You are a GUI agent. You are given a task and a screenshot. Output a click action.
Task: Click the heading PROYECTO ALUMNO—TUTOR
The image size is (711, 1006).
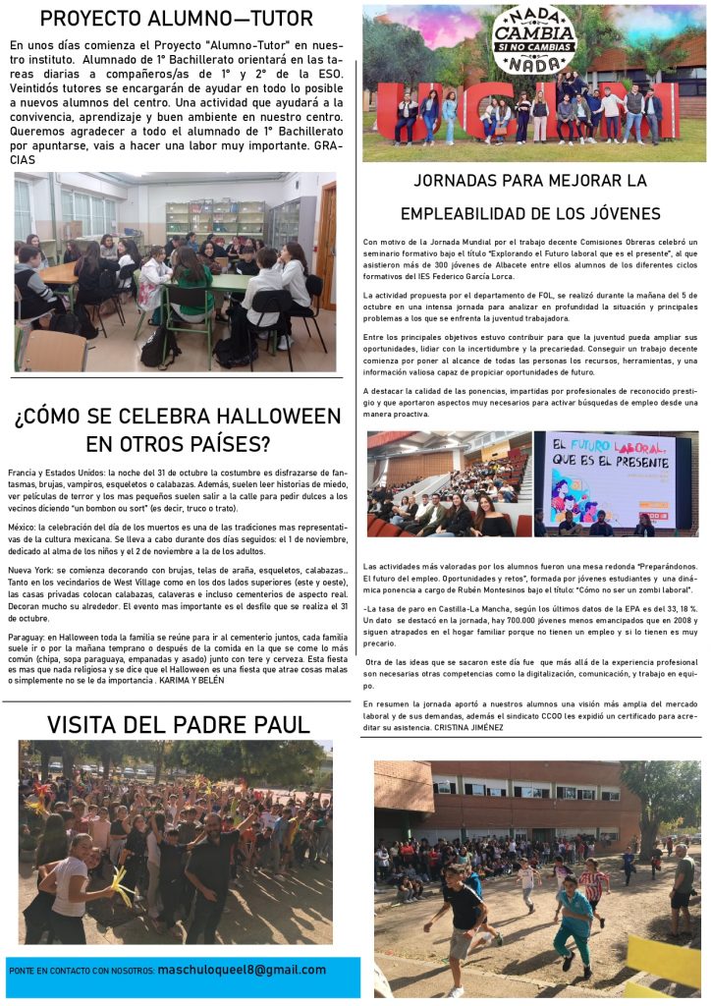177,18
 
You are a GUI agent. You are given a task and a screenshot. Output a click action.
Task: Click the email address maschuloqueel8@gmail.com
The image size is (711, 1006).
242,970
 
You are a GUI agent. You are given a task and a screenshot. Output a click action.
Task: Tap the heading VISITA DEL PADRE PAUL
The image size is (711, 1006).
178,725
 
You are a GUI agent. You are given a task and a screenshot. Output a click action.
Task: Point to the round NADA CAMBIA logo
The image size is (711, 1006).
533,40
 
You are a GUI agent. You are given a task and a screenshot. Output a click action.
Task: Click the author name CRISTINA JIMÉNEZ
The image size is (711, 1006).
472,727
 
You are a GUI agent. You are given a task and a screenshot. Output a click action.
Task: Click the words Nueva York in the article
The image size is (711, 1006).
31,571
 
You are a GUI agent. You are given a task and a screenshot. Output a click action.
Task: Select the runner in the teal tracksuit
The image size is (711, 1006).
573,921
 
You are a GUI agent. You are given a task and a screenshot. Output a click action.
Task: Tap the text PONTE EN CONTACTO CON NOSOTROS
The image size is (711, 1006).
81,971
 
